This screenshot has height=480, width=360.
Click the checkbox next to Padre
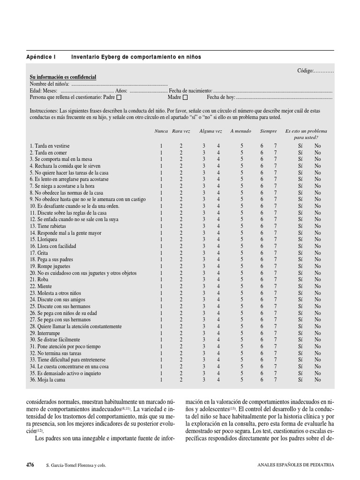click(119, 97)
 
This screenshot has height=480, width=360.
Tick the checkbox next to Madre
click(185, 97)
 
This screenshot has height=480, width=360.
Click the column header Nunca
click(161, 131)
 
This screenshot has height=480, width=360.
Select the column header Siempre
click(269, 131)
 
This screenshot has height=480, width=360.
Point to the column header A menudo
click(240, 131)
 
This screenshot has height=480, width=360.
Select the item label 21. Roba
click(39, 279)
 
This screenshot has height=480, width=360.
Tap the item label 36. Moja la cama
click(47, 380)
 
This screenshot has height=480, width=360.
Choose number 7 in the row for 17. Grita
click(276, 253)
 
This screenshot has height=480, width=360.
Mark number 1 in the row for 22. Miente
click(161, 286)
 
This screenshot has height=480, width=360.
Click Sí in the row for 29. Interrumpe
click(300, 333)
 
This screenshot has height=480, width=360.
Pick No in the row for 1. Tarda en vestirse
click(318, 146)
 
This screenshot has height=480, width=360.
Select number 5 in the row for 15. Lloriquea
click(242, 239)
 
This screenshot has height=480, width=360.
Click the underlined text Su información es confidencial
click(63, 77)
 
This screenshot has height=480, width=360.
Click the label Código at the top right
click(305, 70)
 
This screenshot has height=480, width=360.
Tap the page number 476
click(30, 465)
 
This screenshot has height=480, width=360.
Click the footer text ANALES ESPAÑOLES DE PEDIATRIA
click(296, 465)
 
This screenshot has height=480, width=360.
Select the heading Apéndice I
click(41, 57)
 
